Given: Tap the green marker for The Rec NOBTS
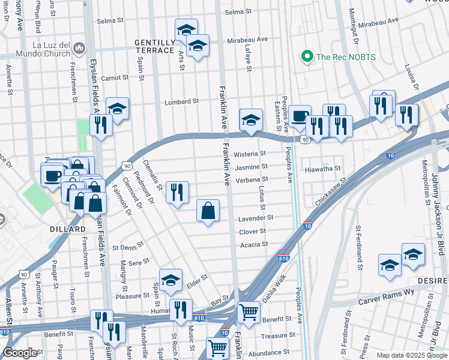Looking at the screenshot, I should [x=307, y=57].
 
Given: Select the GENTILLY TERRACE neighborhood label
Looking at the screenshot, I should [x=154, y=47].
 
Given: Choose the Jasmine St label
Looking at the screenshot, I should [x=251, y=167].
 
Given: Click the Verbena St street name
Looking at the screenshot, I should [x=252, y=179].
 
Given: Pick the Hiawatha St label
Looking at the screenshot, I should [x=324, y=169].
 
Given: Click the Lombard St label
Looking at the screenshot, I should [x=182, y=101].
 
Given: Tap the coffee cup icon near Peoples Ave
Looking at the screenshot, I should [x=300, y=116].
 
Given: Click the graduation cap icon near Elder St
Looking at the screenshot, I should [x=171, y=279].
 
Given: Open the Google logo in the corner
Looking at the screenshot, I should [x=19, y=353].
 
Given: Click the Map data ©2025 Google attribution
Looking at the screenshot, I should [x=412, y=355].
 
